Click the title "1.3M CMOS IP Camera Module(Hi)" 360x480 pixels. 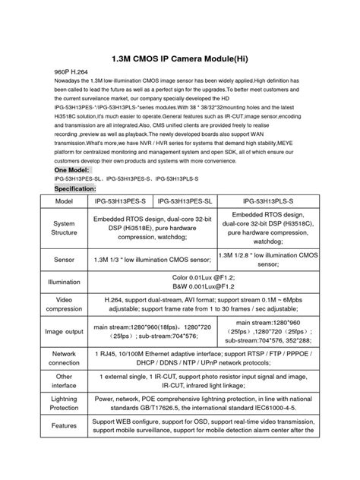tap(179, 56)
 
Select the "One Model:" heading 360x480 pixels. tap(72, 171)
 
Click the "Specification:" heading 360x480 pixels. tap(74, 188)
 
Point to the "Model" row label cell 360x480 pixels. tap(64, 201)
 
